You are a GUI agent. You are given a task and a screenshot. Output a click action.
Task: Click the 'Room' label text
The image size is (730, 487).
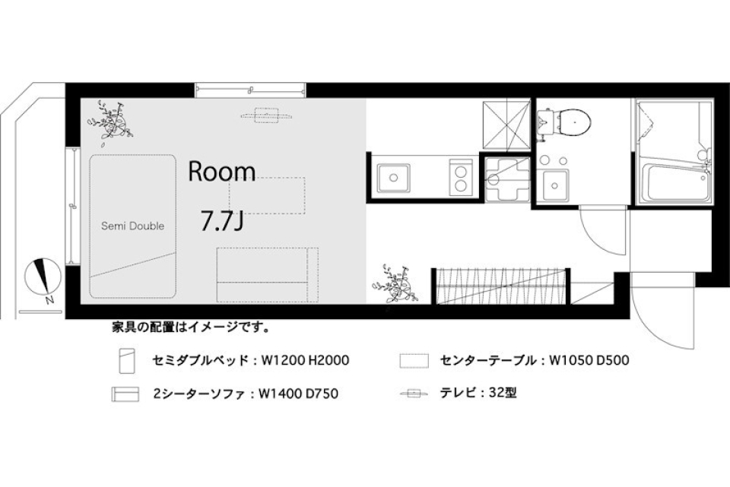[222, 172]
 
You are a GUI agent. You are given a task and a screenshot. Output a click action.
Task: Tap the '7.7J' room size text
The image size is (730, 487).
[221, 221]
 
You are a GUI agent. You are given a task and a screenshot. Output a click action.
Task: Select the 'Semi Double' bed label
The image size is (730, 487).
[133, 226]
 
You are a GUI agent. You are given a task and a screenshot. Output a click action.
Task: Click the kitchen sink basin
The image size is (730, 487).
[393, 179]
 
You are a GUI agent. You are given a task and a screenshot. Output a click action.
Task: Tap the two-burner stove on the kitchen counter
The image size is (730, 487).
[459, 179]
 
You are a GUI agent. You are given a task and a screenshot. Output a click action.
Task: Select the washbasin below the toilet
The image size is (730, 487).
[555, 183]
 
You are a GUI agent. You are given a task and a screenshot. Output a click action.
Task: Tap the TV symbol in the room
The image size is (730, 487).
[266, 115]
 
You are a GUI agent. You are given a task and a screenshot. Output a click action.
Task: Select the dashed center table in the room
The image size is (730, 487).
[266, 195]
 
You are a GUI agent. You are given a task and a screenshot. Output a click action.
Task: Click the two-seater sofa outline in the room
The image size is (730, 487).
[265, 274]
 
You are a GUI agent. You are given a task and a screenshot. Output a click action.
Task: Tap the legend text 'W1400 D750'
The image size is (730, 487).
[298, 394]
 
